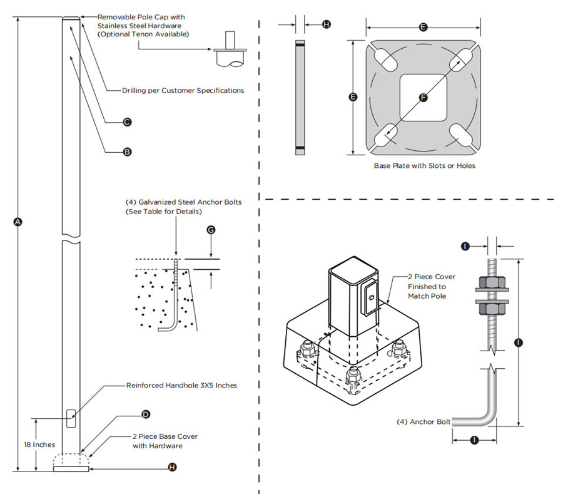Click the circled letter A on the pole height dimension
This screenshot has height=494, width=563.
click(18, 222)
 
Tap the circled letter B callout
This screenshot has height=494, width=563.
click(127, 152)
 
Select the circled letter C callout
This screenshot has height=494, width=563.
click(127, 122)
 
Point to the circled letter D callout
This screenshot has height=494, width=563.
click(146, 414)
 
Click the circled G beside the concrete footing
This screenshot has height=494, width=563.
click(211, 230)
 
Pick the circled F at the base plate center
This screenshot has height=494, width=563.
click(423, 98)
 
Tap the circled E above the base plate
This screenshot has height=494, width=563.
click(424, 28)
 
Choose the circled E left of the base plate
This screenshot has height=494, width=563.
click(353, 98)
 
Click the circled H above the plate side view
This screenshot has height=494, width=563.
click(326, 24)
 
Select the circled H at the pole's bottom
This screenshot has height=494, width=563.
click(173, 467)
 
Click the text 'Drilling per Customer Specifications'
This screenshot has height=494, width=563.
click(183, 91)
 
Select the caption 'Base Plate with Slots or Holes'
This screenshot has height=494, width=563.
click(424, 166)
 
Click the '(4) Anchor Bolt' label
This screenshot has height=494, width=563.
click(424, 421)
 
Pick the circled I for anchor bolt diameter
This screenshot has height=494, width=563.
click(465, 247)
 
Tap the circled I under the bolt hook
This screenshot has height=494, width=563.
click(474, 440)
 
